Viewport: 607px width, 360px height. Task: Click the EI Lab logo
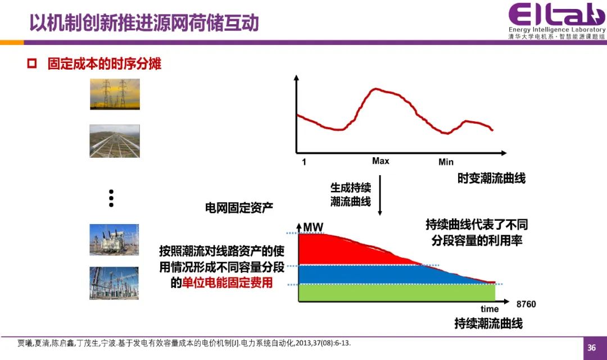pos(556,21)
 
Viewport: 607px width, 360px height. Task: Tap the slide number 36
pos(591,348)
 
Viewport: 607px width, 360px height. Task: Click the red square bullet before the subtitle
pos(31,63)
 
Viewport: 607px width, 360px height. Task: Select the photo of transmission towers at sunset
pos(115,94)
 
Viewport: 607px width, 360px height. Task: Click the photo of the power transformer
pos(114,240)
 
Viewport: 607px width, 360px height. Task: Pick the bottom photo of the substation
pos(114,283)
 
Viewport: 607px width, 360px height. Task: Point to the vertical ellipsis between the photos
pos(111,198)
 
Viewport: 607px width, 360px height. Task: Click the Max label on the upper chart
pos(380,161)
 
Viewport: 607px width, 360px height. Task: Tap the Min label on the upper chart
pos(446,162)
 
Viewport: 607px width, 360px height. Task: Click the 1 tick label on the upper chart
pos(304,162)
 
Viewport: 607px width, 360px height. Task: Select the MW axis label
pos(313,227)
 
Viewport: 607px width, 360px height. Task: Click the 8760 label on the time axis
pos(526,304)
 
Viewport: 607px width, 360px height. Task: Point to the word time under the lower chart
pos(490,309)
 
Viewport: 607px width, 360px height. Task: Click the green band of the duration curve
pos(397,293)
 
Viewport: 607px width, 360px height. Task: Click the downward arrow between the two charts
pos(380,195)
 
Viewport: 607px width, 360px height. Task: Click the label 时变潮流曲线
pos(492,178)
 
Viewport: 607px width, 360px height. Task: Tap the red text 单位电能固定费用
pos(227,282)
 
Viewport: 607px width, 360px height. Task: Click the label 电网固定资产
pos(239,208)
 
